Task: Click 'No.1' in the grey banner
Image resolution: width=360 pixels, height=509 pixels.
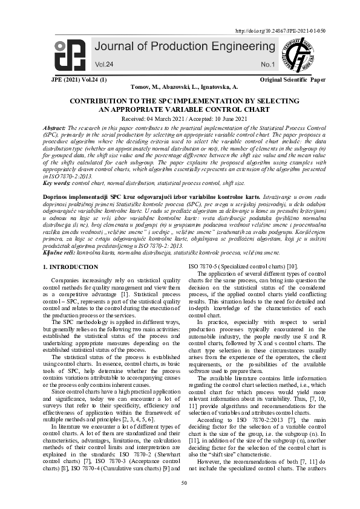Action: point(267,64)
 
